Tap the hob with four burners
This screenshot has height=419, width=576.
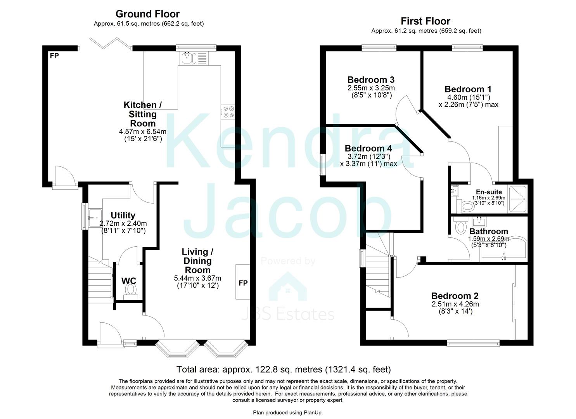pyautogui.click(x=228, y=112)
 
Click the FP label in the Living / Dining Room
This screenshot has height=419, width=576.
pyautogui.click(x=243, y=283)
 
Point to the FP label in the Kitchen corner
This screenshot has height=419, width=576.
pyautogui.click(x=54, y=56)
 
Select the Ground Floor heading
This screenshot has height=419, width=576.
pyautogui.click(x=147, y=14)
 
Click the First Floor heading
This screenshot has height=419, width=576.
pyautogui.click(x=426, y=21)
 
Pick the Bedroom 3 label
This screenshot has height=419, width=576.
pyautogui.click(x=371, y=80)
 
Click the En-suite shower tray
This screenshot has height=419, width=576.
pyautogui.click(x=518, y=199)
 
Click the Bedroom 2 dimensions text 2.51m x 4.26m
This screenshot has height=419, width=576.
pyautogui.click(x=455, y=304)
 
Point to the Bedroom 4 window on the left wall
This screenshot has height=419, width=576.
pyautogui.click(x=322, y=164)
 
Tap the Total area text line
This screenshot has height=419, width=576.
pyautogui.click(x=283, y=369)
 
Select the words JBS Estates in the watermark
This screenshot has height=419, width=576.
pyautogui.click(x=287, y=314)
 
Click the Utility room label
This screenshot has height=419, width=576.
pyautogui.click(x=123, y=215)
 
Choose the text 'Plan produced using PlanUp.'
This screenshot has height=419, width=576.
pyautogui.click(x=288, y=412)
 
